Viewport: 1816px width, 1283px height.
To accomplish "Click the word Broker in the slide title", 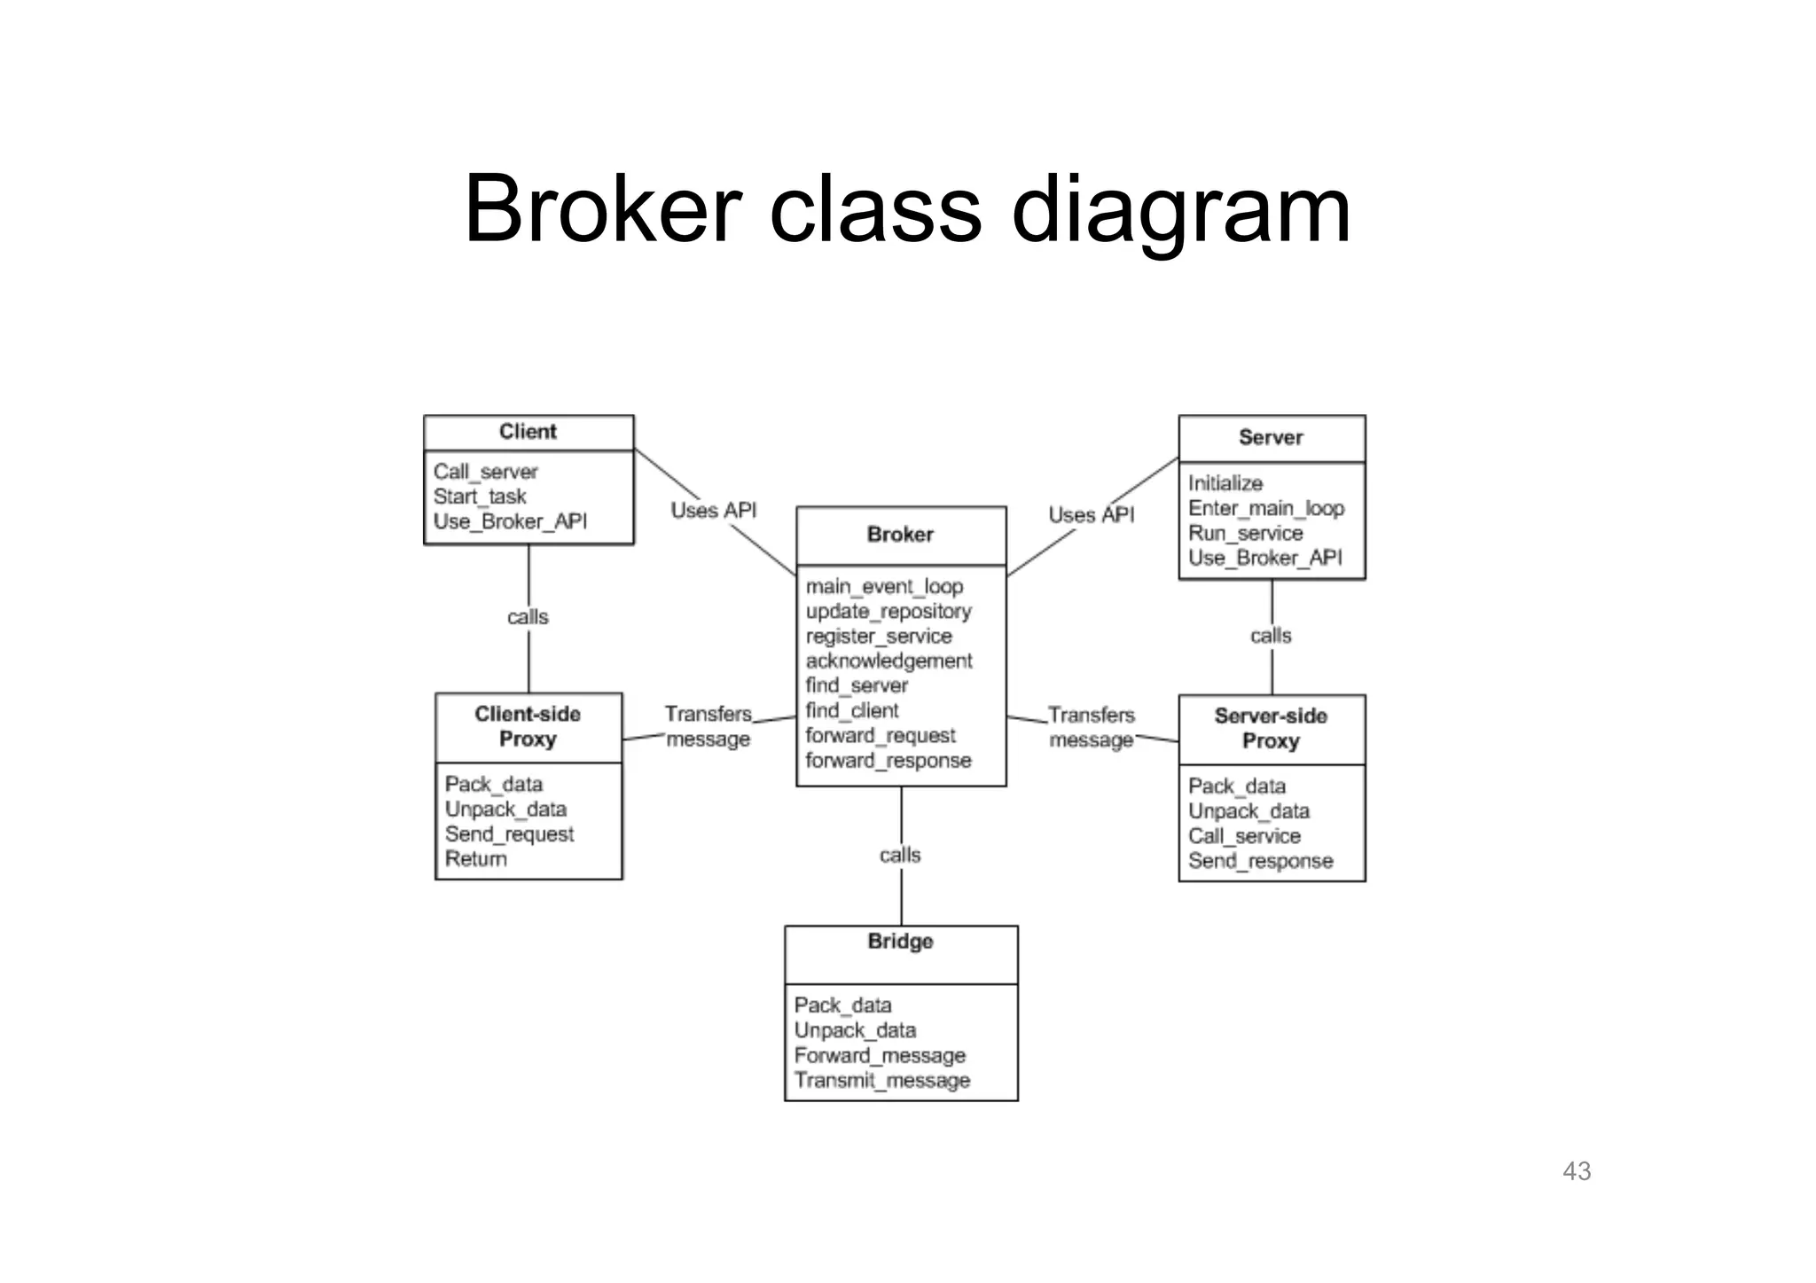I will (602, 209).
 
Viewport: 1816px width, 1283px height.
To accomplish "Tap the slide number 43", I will (1576, 1171).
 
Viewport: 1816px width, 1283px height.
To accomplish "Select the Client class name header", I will (528, 432).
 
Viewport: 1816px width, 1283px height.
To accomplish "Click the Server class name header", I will (1270, 437).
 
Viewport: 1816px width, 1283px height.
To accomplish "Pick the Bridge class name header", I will (900, 942).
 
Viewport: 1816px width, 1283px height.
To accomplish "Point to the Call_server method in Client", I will (485, 472).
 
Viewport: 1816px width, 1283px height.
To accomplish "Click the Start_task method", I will (480, 497).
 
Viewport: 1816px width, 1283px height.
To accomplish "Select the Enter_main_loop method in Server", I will (1265, 508).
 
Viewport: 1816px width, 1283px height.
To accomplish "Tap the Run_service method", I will (1245, 533).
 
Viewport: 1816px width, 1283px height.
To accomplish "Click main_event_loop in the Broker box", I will (884, 587).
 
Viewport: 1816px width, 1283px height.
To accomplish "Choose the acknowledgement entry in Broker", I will (888, 661).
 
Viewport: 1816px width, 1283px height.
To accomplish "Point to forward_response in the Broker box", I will (888, 761).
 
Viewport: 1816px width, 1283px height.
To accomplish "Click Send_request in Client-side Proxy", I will (509, 834).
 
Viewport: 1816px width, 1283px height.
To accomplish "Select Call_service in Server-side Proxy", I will (1244, 836).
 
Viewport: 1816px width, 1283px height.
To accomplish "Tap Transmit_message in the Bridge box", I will (881, 1080).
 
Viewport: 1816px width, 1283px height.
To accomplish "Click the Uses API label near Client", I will (713, 511).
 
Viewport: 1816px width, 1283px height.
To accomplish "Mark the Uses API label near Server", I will (1091, 515).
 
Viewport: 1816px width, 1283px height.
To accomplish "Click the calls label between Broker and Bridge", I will (900, 855).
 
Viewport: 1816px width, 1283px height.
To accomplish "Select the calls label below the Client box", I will (528, 617).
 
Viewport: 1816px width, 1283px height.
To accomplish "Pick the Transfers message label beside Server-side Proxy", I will (1091, 727).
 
